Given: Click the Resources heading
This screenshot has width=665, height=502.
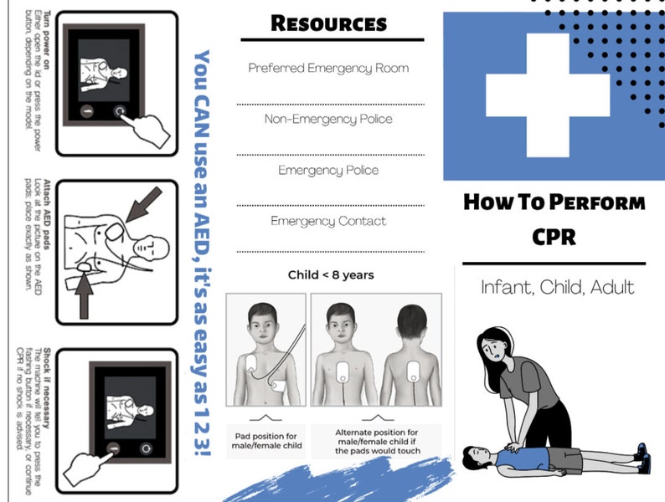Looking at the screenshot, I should tap(328, 23).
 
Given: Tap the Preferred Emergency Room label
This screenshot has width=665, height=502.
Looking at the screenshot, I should tap(328, 68).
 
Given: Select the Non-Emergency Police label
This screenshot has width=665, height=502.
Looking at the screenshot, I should tap(328, 119).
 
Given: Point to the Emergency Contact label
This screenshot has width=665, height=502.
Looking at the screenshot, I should tap(328, 221).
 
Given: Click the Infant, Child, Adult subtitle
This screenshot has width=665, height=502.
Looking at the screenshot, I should tap(557, 287).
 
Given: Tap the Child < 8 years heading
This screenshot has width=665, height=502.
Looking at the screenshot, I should tap(330, 274).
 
